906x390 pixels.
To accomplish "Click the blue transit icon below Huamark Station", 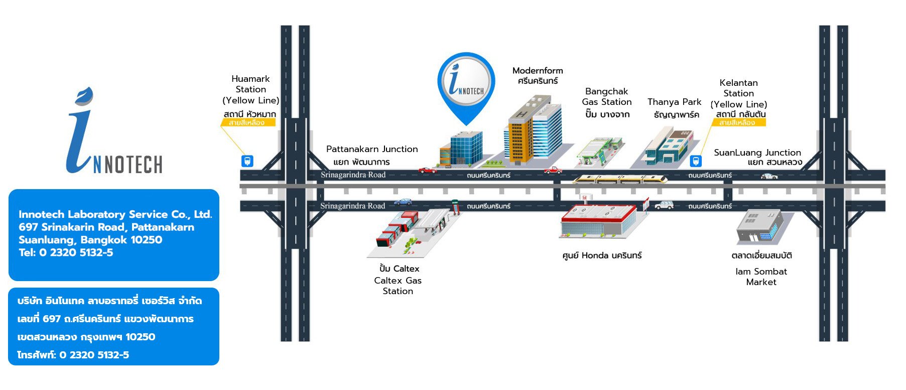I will (x=247, y=161).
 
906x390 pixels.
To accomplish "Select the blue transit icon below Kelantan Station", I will (x=696, y=161).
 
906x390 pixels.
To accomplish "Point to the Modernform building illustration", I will (x=532, y=131).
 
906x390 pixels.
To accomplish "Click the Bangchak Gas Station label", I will (x=606, y=97).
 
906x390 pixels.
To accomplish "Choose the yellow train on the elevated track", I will (x=620, y=178).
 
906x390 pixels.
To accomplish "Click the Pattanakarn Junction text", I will (x=372, y=149).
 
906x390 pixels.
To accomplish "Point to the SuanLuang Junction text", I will (x=757, y=153).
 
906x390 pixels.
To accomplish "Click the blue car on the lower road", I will (x=403, y=202).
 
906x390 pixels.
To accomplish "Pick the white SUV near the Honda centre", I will (x=664, y=205).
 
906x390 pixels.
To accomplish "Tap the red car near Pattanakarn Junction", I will (x=427, y=171).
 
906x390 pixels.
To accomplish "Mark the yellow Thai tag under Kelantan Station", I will (x=737, y=122).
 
